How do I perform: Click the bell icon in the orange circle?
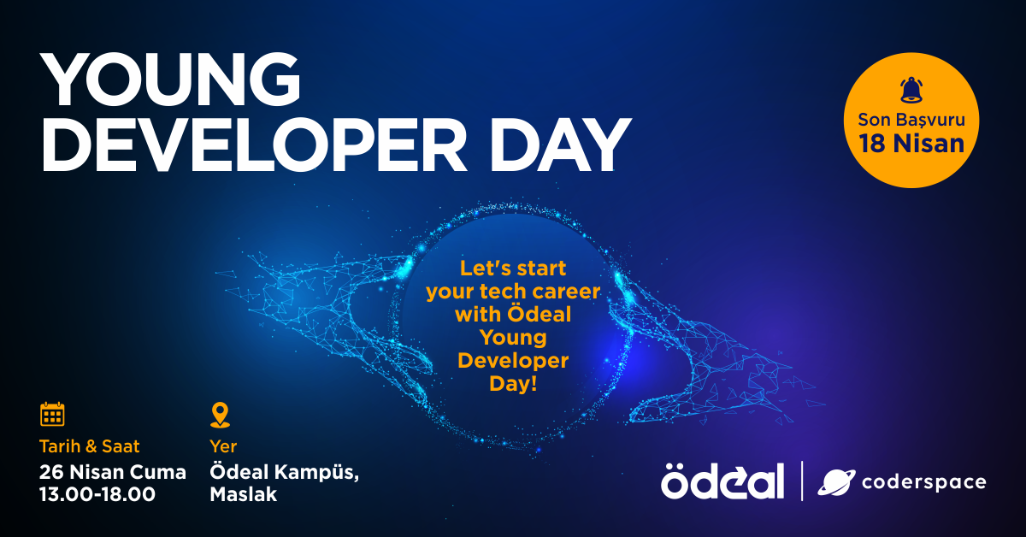coord(911,90)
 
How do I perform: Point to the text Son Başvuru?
coord(911,119)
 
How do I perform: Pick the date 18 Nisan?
coord(911,143)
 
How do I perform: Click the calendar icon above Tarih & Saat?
coord(52,415)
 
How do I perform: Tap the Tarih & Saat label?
coord(89,446)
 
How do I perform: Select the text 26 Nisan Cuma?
coord(112,471)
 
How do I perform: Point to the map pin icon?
coord(220,415)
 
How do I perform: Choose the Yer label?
coord(223,446)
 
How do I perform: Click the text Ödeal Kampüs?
coord(284,472)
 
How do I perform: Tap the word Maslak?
coord(243,494)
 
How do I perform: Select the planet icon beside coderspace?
coord(834,482)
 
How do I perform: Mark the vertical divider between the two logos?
coord(801,481)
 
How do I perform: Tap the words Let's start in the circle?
coord(513,268)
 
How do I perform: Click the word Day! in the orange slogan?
coord(513,384)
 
